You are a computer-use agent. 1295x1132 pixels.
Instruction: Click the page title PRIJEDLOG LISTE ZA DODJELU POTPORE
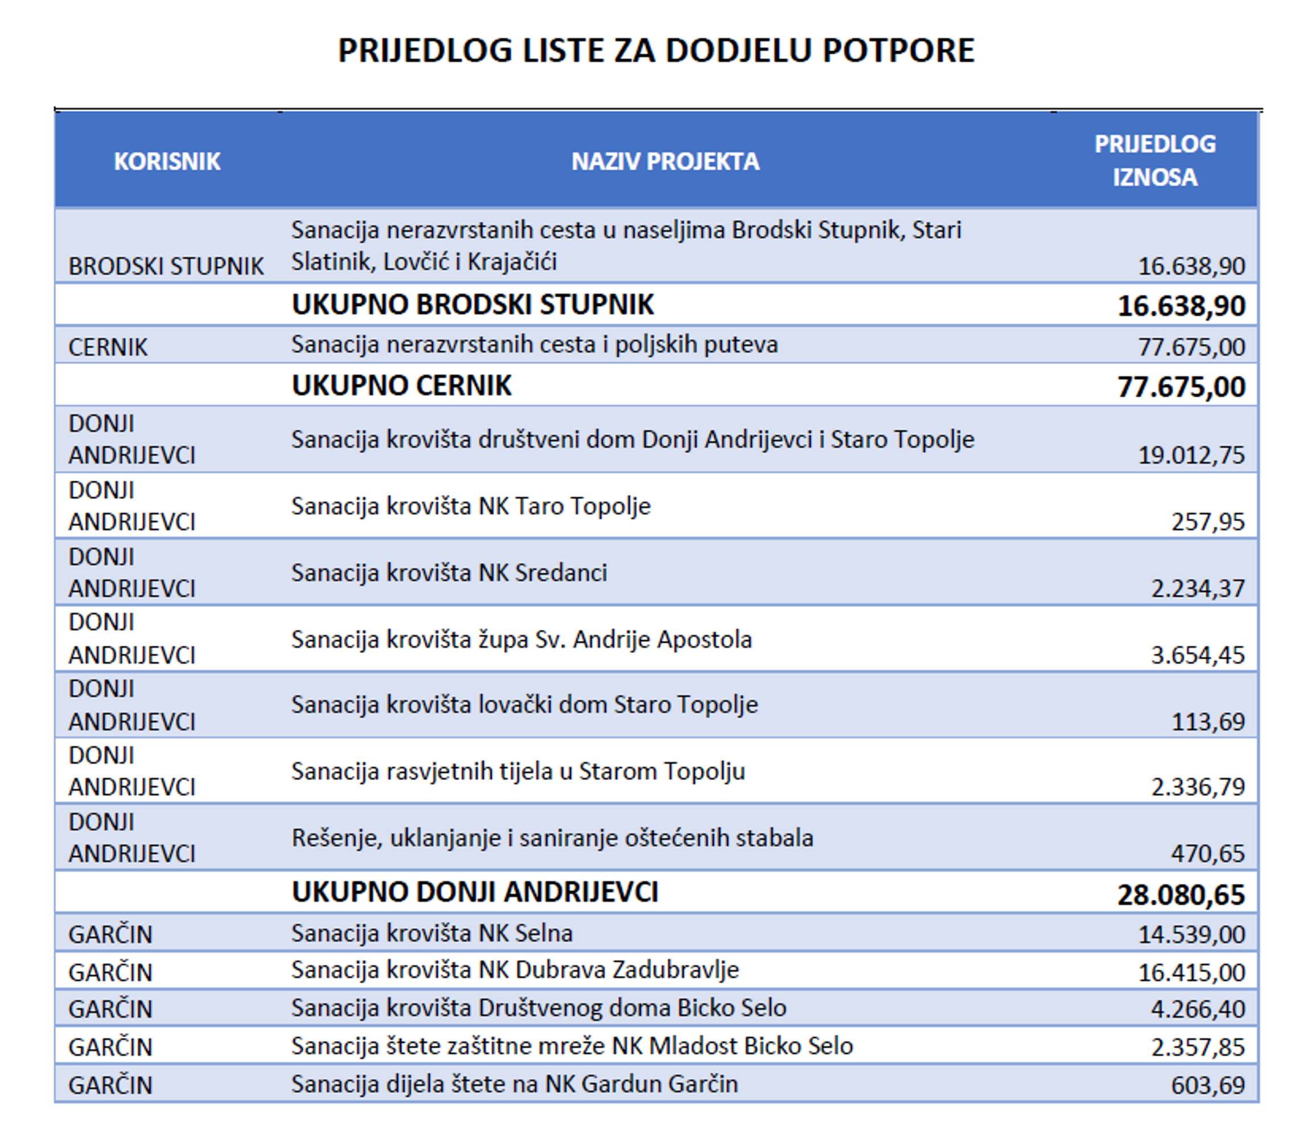tap(655, 51)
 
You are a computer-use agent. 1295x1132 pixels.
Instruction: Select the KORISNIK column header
tap(167, 162)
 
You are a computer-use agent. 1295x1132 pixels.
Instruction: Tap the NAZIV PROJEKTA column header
tap(665, 162)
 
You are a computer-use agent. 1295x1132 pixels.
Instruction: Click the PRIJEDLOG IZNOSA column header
tap(1154, 161)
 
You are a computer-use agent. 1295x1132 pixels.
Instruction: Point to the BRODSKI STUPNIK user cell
tap(166, 266)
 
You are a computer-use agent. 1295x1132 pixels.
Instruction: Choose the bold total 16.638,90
tap(1181, 306)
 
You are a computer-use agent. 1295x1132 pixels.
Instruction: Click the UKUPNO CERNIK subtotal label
tap(401, 386)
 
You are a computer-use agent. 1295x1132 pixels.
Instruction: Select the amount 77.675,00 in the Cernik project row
tap(1191, 347)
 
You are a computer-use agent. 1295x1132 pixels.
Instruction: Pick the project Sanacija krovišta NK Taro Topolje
tap(470, 506)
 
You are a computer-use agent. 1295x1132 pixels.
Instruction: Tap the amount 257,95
tap(1207, 522)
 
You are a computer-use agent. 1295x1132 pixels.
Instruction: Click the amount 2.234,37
tap(1197, 589)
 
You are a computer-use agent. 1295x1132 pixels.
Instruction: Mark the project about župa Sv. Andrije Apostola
tap(521, 639)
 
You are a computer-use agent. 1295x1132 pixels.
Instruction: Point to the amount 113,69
tap(1207, 722)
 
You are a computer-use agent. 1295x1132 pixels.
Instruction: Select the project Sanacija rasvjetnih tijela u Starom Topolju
tap(518, 772)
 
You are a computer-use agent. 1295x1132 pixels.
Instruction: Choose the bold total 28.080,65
tap(1181, 895)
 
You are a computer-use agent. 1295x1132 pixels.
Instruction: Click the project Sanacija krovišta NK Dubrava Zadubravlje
tap(515, 970)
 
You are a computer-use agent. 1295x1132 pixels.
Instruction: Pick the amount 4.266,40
tap(1197, 1010)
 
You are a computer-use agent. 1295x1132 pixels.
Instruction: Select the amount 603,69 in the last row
tap(1207, 1085)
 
